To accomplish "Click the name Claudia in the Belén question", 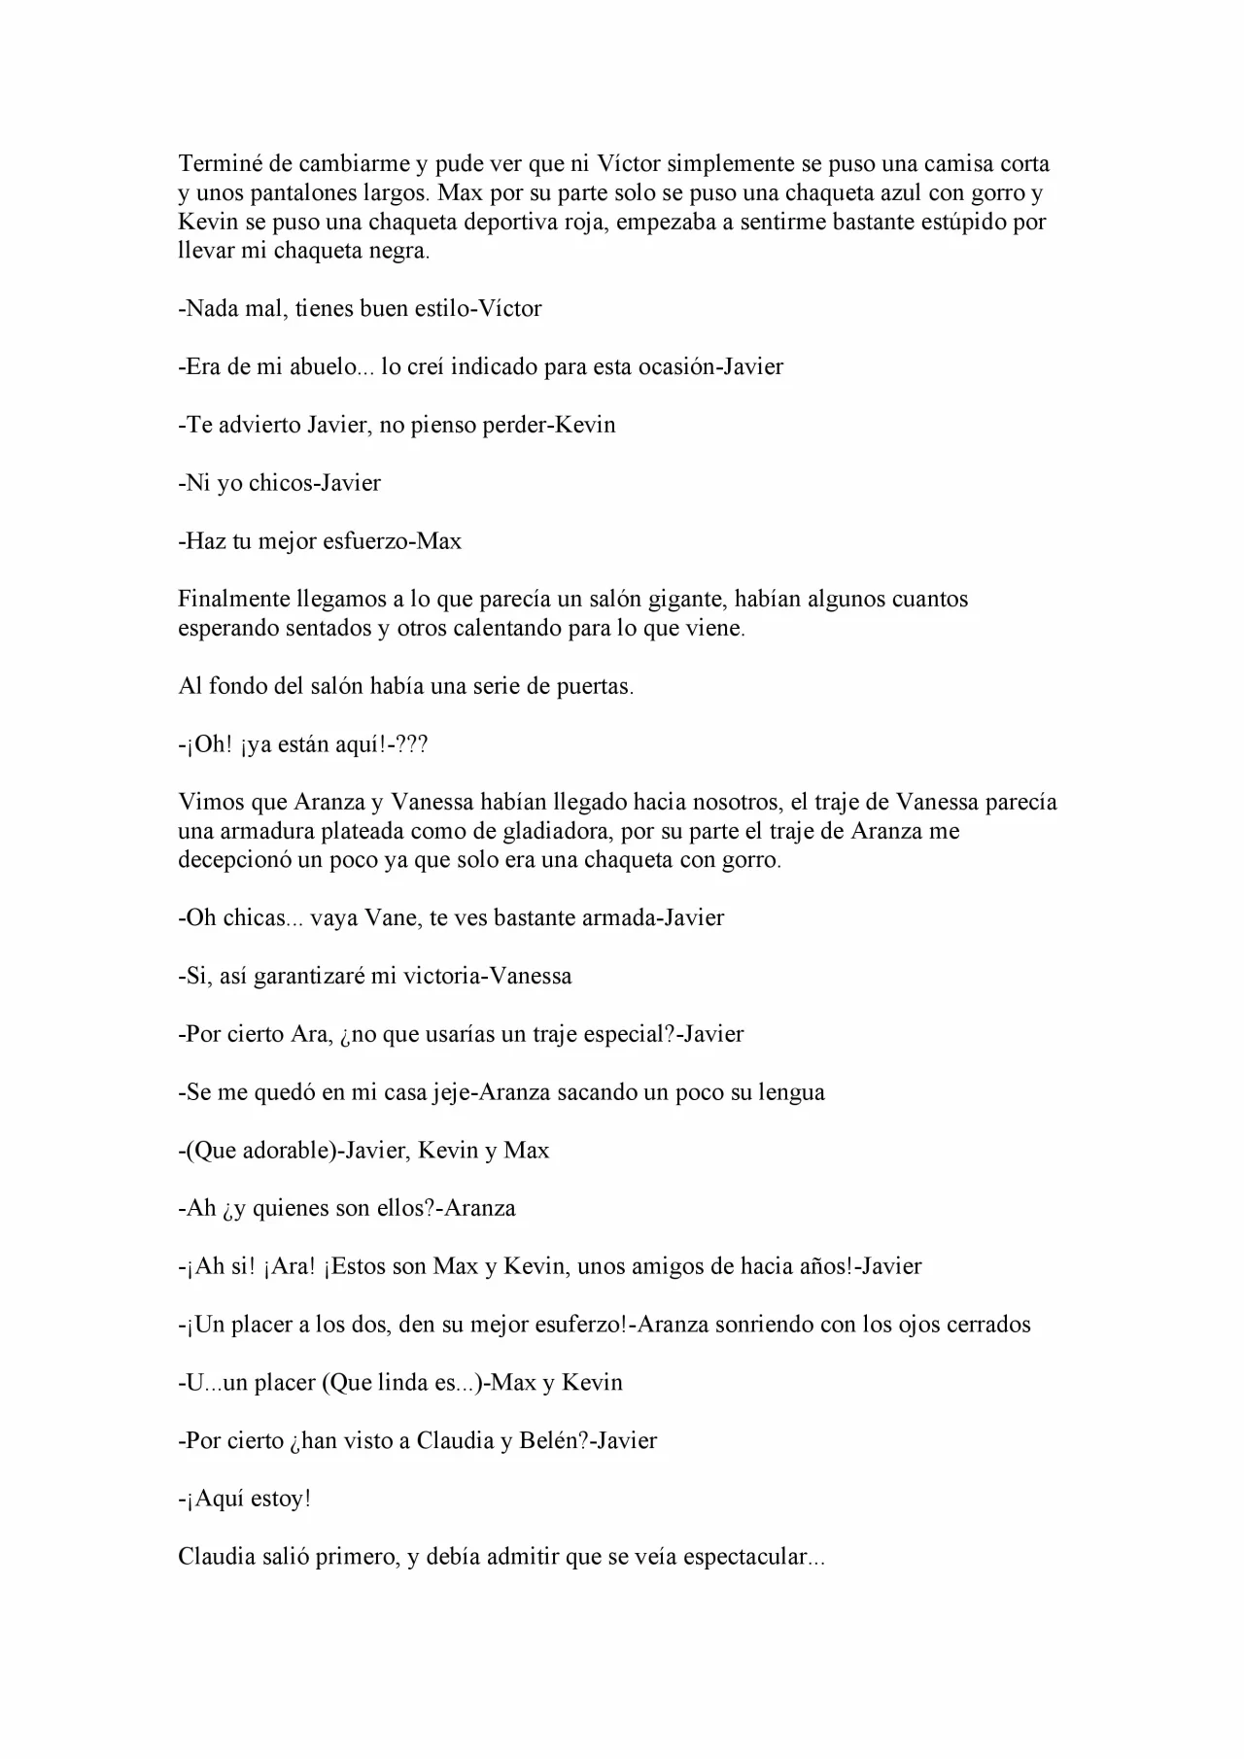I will click(x=455, y=1440).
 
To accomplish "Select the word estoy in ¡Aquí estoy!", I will click(x=280, y=1499).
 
